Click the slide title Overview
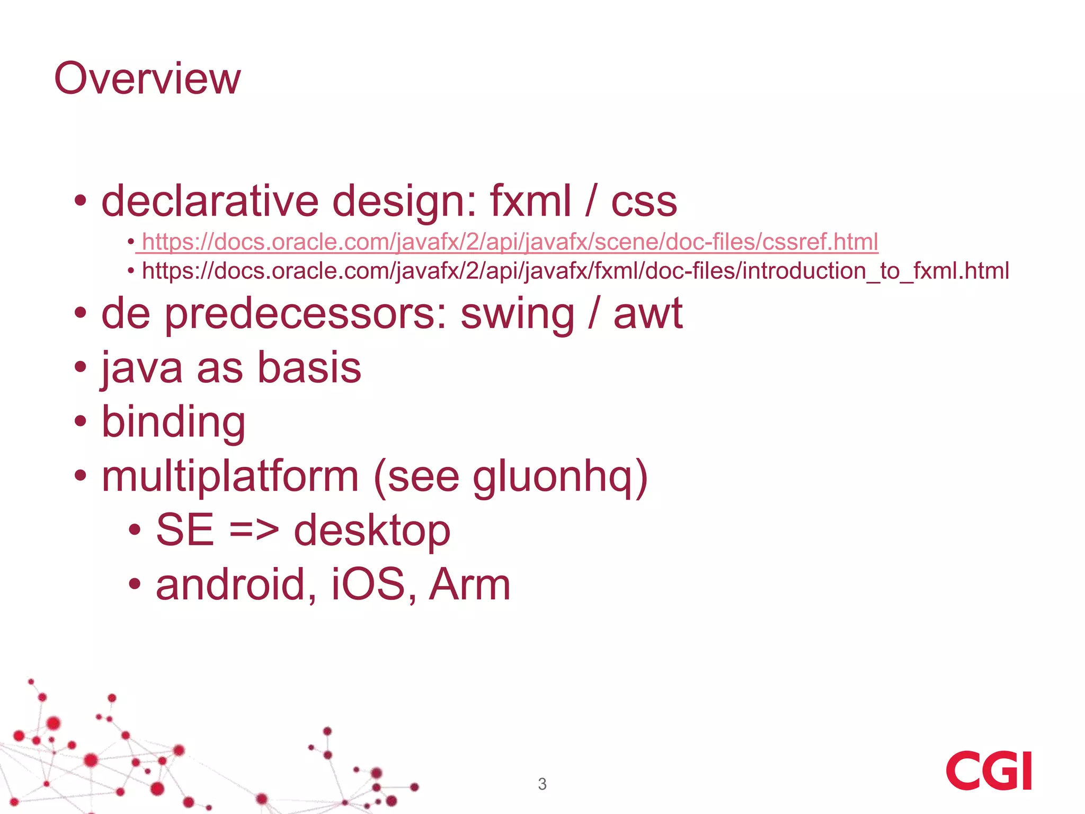pos(147,78)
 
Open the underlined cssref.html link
pos(510,242)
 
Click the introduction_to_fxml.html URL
pos(575,271)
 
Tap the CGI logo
pos(989,771)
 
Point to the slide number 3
pos(542,784)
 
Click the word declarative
pos(210,201)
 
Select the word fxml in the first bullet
pos(530,201)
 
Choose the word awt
pos(648,314)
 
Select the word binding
pos(173,423)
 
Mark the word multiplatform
pos(230,476)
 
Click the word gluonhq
pos(552,477)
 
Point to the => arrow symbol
pos(254,530)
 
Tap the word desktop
pos(372,530)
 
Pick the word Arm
pos(469,585)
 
